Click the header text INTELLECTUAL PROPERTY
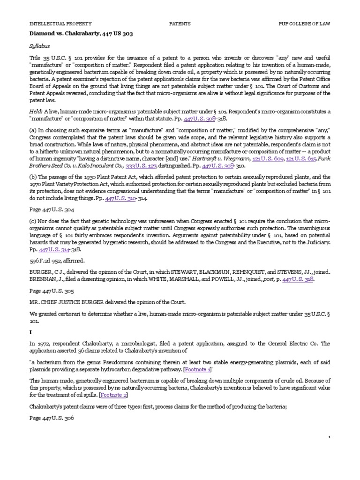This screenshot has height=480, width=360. click(60, 23)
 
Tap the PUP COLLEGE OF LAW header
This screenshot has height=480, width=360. click(304, 23)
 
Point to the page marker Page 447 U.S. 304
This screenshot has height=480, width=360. click(52, 210)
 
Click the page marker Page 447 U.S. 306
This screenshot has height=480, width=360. click(52, 417)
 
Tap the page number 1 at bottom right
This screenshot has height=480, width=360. click(330, 436)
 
